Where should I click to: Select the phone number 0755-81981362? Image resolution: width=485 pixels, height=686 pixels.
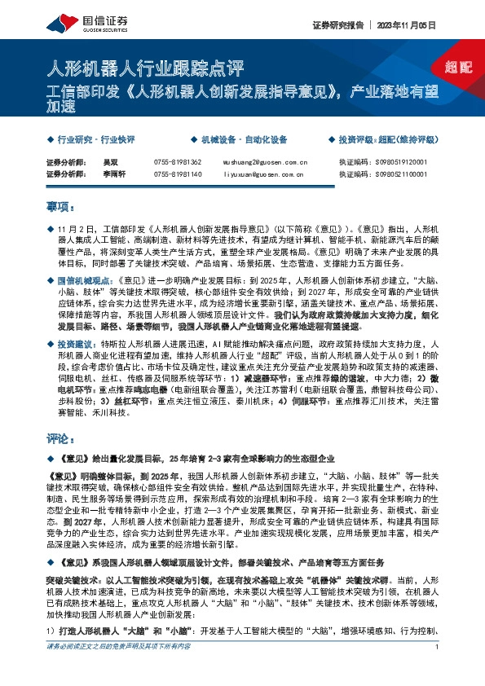pyautogui.click(x=177, y=163)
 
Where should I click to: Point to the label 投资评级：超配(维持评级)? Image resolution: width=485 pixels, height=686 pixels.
pyautogui.click(x=382, y=140)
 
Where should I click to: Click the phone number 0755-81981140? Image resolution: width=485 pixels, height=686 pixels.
pyautogui.click(x=177, y=174)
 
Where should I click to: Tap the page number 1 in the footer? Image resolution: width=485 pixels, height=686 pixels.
pyautogui.click(x=438, y=671)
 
